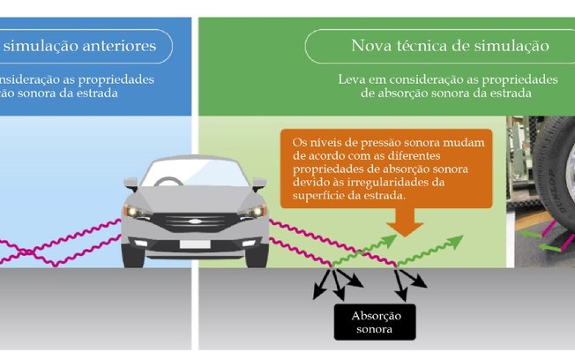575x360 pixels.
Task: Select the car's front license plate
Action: (196, 243)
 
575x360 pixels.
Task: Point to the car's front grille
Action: (196, 221)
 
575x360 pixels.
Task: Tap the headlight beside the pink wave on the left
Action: (137, 213)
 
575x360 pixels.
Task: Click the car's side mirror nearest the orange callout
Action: (258, 184)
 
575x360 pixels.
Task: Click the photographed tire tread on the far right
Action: (547, 185)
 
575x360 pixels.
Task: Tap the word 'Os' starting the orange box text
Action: (299, 140)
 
